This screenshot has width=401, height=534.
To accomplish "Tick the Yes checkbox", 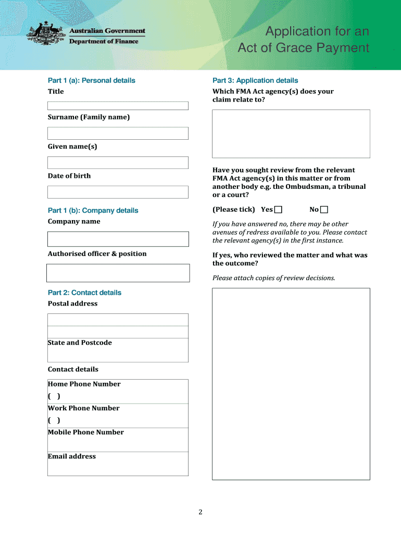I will pyautogui.click(x=279, y=210).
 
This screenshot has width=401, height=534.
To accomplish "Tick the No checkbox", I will pyautogui.click(x=324, y=210).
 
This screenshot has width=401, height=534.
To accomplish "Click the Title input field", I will pyautogui.click(x=118, y=106).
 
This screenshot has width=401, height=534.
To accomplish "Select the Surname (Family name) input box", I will pyautogui.click(x=118, y=133).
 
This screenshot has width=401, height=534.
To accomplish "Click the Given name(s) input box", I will pyautogui.click(x=118, y=163).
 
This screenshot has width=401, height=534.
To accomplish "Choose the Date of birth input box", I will pyautogui.click(x=118, y=192).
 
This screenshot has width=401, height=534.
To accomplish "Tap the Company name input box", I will pyautogui.click(x=118, y=239).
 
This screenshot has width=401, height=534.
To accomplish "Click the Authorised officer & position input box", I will pyautogui.click(x=118, y=273).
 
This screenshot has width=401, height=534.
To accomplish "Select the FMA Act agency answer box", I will pyautogui.click(x=291, y=133).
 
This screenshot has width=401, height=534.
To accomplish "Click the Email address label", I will pyautogui.click(x=72, y=456).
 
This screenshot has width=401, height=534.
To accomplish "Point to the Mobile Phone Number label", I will pyautogui.click(x=86, y=432).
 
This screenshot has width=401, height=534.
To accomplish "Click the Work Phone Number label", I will pyautogui.click(x=84, y=408).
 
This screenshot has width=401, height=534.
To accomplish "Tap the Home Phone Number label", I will pyautogui.click(x=84, y=384).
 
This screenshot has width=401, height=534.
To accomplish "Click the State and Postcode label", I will pyautogui.click(x=80, y=343).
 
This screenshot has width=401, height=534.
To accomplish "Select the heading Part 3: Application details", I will pyautogui.click(x=255, y=80).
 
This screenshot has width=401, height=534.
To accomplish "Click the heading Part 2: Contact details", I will pyautogui.click(x=84, y=293).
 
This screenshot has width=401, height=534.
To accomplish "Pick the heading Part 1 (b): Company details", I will pyautogui.click(x=93, y=211).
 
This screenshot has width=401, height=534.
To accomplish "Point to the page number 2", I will pyautogui.click(x=200, y=512).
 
